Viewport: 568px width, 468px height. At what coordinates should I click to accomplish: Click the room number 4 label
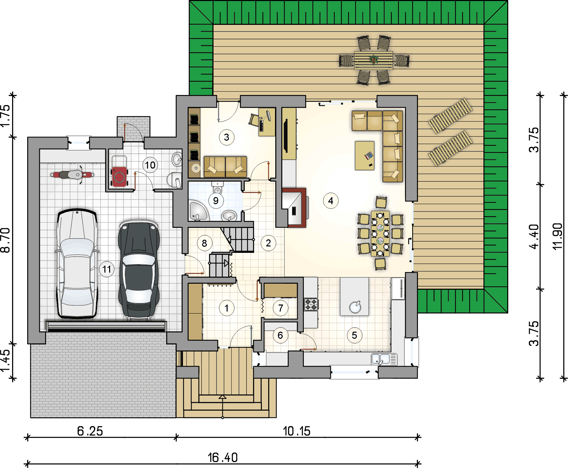pos(331,201)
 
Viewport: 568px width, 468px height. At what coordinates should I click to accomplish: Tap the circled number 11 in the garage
pos(107,269)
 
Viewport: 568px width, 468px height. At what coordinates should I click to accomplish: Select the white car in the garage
pos(77,264)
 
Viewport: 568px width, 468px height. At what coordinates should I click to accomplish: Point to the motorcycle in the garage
pos(72,175)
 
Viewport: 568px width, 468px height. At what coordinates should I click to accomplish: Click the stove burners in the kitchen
pos(311,304)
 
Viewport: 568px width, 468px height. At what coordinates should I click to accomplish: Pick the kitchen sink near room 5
pos(384,359)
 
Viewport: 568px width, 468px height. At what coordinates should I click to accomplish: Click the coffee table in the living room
pos(365,156)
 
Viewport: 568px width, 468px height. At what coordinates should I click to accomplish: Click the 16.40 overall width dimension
pos(223,457)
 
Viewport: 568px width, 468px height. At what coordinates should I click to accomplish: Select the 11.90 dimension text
pos(557,236)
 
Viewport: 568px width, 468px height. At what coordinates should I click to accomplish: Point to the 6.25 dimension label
pos(90,431)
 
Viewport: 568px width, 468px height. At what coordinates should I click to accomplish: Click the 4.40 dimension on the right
pos(534,237)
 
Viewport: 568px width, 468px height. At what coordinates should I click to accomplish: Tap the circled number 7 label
pos(281,308)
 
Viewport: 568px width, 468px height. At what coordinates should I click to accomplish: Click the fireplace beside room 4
pos(294,208)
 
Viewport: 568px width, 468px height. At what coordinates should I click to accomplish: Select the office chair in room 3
pos(254,119)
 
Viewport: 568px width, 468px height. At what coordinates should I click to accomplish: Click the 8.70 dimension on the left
pos(6,240)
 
